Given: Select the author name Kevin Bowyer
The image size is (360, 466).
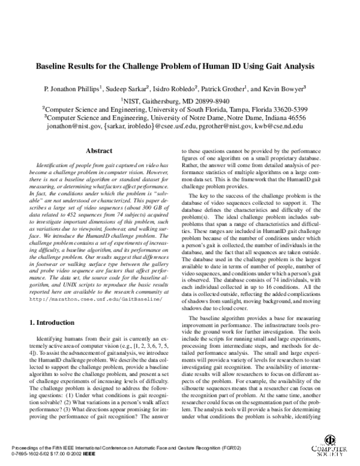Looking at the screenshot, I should point(285,88).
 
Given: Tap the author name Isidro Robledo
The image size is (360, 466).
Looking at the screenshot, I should point(175,88).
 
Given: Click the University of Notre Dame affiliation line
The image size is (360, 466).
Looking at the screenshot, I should point(180,118).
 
